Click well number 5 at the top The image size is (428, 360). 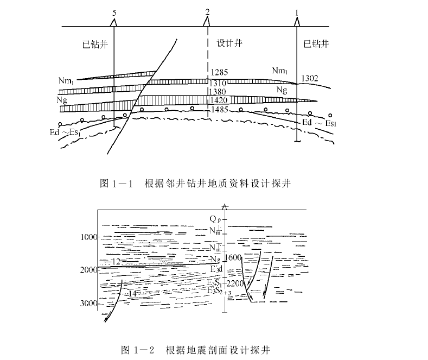point(113,11)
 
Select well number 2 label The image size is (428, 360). point(207,11)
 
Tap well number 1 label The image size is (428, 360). point(297,11)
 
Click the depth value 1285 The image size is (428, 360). point(219,72)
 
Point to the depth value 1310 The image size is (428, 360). point(219,83)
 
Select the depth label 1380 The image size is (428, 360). point(219,92)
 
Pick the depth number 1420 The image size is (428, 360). point(219,100)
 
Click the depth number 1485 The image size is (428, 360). point(219,110)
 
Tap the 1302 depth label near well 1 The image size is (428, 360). point(310,79)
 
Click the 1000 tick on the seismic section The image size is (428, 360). point(88,237)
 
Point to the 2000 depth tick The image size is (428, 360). point(88,270)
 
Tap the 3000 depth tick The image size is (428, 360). point(88,303)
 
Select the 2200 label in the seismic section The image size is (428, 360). point(238,283)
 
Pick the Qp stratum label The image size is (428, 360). point(216,219)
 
